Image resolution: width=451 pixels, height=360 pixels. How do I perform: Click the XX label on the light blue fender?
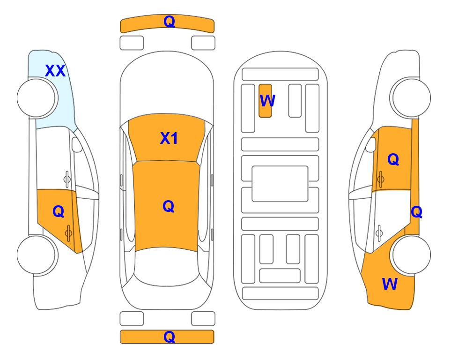coord(55,71)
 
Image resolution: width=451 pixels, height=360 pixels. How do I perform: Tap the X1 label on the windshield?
coord(169,138)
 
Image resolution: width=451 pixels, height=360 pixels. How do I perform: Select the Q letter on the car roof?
coord(169,206)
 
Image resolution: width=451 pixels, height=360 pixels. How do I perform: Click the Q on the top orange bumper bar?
coord(170,21)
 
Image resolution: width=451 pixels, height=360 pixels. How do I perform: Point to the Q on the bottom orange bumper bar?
coord(170,337)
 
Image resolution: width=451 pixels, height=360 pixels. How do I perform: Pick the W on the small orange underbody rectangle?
coord(267,100)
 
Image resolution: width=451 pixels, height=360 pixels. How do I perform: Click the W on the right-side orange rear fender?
coord(390,284)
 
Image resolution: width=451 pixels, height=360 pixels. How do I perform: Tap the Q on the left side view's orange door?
coord(59,211)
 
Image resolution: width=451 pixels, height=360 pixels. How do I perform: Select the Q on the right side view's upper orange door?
coord(393,159)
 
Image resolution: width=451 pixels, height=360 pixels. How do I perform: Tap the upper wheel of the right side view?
coord(410,98)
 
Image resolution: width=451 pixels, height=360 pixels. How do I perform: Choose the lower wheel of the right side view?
coord(412,255)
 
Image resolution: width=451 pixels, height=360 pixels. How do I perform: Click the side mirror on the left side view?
coord(76,144)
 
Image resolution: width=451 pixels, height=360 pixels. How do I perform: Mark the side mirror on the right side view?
coord(371,144)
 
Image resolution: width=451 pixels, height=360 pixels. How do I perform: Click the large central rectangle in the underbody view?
coord(280,184)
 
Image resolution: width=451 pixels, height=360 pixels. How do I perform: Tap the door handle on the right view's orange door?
coord(380,179)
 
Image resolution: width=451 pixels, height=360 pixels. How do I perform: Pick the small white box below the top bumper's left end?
coord(132,43)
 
